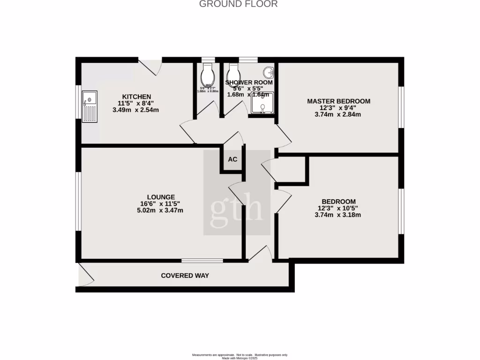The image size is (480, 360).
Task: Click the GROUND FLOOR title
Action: coord(239,4)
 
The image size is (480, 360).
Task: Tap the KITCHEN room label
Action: coord(136,97)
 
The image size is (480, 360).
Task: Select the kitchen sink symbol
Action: coord(90,106)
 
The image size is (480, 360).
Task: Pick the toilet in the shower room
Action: coord(233,73)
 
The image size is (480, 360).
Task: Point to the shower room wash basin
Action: coord(269,73)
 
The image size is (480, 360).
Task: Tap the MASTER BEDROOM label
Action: coord(338,101)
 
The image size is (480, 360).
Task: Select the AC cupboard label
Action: coord(232,159)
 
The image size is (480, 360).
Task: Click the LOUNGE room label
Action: coord(161,197)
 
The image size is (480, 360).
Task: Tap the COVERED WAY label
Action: coord(185,276)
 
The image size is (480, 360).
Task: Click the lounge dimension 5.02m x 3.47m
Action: coord(161,210)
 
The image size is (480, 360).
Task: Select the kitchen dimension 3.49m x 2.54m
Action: coord(136,110)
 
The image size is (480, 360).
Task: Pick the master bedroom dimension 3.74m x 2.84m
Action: coord(338,114)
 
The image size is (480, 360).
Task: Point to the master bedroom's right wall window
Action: coord(401,107)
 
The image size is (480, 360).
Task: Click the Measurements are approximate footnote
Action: coord(240,355)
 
